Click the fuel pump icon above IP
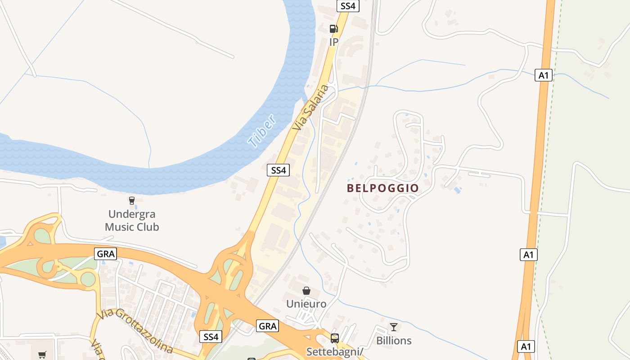[x=333, y=29]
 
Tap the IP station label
[x=333, y=42]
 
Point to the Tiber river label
[x=261, y=131]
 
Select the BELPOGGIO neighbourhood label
[x=383, y=188]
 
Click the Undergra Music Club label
[x=132, y=220]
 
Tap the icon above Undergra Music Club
[x=132, y=201]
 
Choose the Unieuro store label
[x=306, y=304]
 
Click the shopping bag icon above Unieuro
[x=306, y=291]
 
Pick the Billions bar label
[x=394, y=341]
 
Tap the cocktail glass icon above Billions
[x=394, y=327]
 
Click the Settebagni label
[x=335, y=351]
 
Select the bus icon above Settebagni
[x=335, y=338]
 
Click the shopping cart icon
[x=42, y=355]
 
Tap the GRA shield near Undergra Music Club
[x=106, y=254]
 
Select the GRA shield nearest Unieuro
[x=268, y=326]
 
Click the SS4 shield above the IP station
[x=348, y=6]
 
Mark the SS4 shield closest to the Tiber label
[x=279, y=170]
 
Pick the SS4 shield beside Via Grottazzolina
[x=211, y=337]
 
